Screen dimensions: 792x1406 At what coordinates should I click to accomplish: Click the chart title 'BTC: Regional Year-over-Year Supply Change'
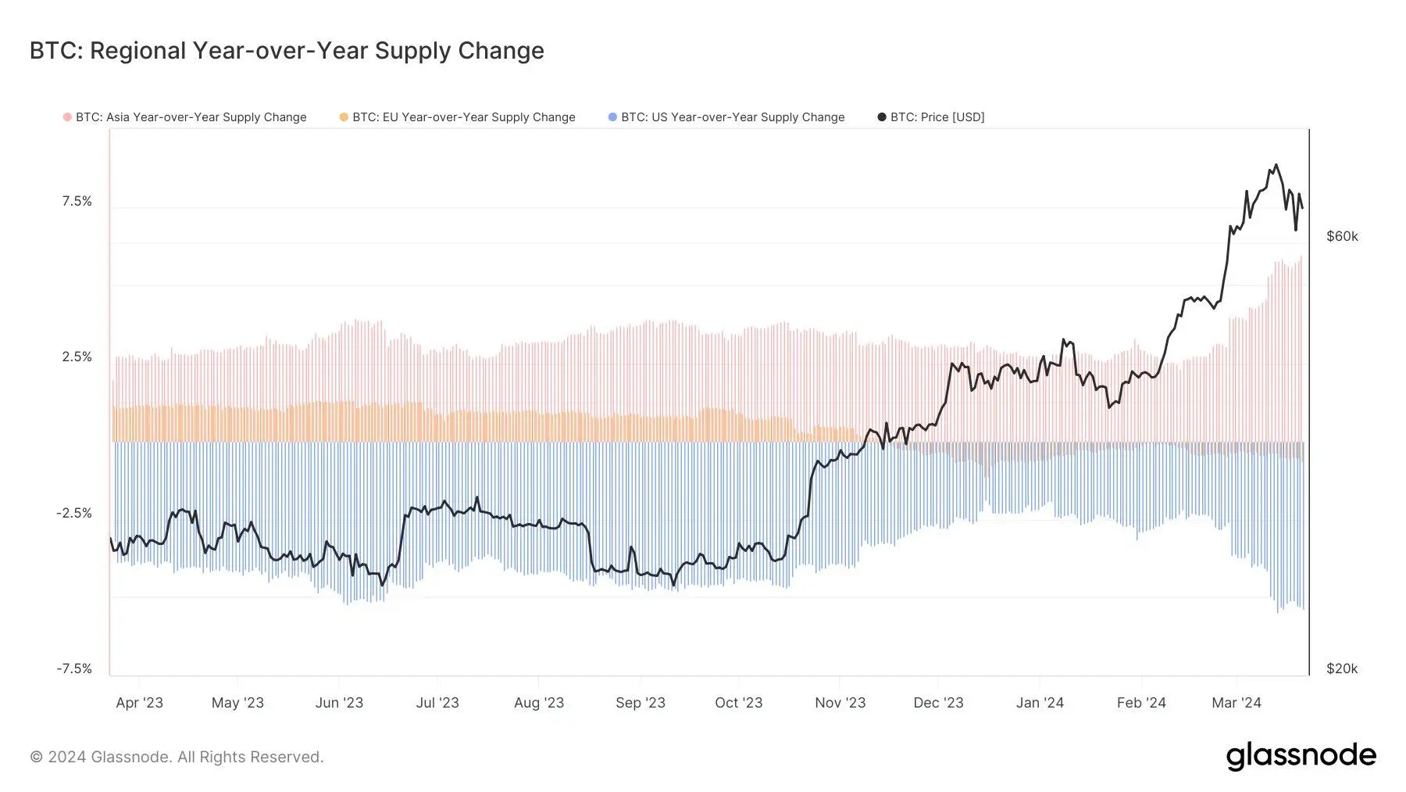point(287,51)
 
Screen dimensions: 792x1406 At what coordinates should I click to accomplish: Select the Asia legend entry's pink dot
point(67,117)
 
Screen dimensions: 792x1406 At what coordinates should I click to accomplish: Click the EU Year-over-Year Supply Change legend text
point(463,117)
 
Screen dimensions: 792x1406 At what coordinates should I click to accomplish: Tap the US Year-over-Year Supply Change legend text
point(733,117)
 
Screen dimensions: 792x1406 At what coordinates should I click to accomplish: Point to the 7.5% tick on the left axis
point(77,202)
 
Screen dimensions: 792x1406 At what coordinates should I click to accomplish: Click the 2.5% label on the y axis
point(77,357)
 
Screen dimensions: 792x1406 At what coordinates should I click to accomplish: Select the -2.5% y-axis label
point(74,514)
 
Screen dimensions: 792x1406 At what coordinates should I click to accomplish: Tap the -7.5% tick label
point(74,669)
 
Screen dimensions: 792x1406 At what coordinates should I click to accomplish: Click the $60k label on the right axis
point(1342,237)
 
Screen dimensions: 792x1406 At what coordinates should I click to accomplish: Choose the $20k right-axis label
point(1342,669)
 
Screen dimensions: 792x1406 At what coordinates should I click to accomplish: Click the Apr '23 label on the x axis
point(139,703)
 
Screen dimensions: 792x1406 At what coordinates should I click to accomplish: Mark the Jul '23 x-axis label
point(437,703)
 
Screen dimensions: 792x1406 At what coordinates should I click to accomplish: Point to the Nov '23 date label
point(840,703)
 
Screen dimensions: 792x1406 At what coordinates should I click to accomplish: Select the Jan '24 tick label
point(1040,703)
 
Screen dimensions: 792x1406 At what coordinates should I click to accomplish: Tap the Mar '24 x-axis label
point(1236,703)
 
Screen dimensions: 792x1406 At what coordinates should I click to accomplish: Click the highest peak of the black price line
point(1276,165)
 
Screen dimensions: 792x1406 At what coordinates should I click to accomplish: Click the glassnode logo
point(1301,756)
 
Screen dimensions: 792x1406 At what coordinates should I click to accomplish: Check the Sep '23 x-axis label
point(640,703)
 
